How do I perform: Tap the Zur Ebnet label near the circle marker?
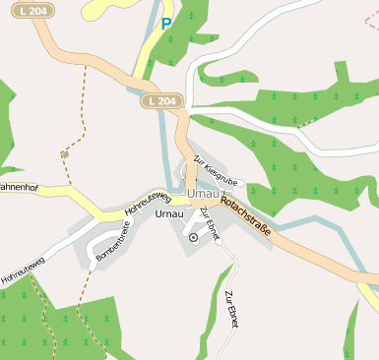(211, 222)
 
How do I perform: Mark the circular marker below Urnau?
(193, 237)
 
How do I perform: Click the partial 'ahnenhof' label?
(19, 186)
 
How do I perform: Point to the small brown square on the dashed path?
(64, 153)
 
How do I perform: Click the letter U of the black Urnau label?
(158, 213)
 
